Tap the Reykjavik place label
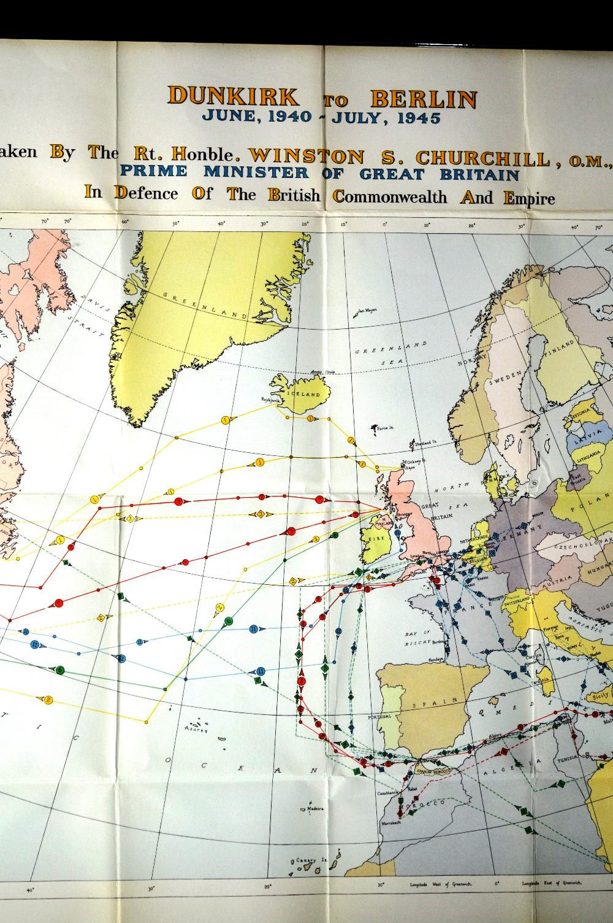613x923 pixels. tap(270, 399)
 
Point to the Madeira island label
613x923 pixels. tap(314, 808)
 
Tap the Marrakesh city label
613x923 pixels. tap(390, 822)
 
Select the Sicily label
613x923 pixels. tap(600, 695)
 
